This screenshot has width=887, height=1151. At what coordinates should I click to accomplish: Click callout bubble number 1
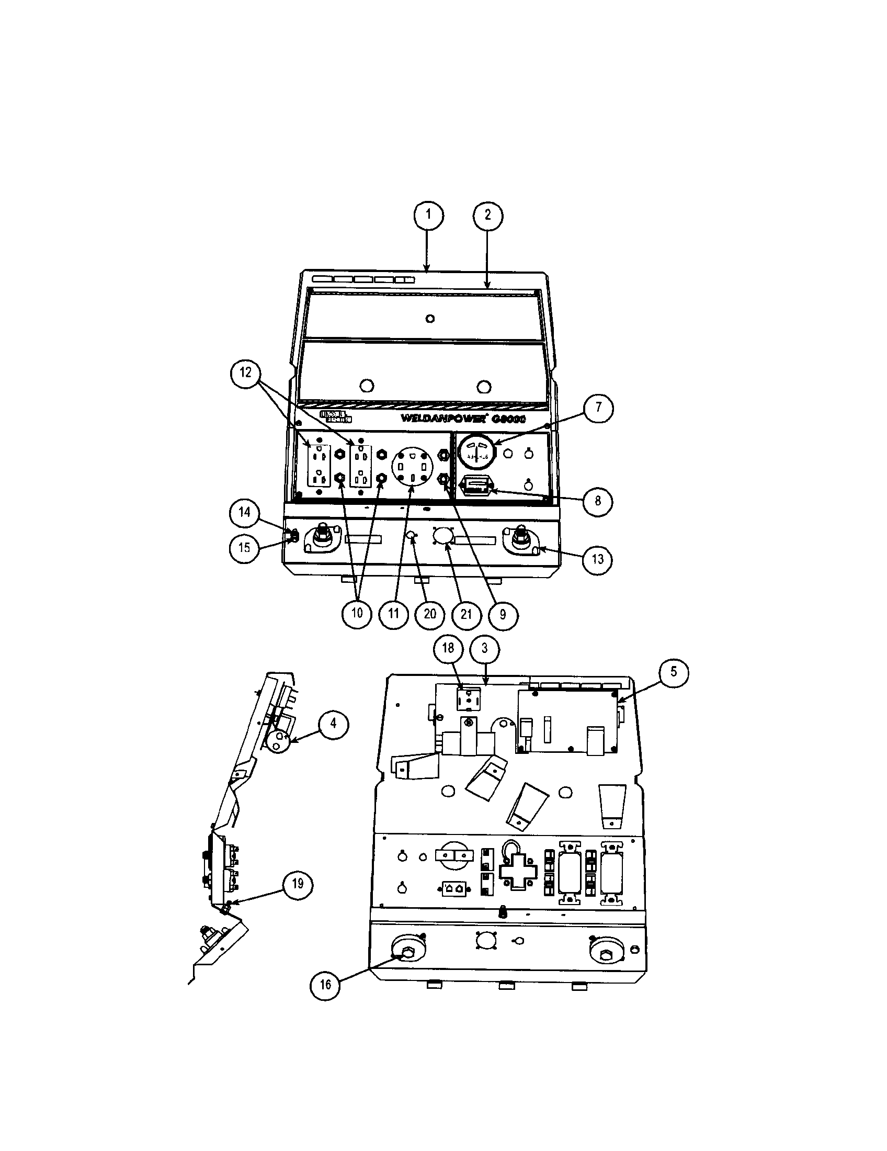point(428,215)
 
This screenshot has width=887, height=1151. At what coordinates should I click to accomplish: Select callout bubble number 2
point(488,215)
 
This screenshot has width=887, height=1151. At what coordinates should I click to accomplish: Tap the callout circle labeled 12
point(245,373)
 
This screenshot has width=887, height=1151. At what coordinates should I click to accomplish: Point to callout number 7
point(598,408)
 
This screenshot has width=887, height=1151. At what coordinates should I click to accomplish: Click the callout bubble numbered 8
point(597,500)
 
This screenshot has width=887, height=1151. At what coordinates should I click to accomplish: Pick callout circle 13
point(597,559)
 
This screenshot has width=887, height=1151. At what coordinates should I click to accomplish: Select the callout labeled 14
point(244,512)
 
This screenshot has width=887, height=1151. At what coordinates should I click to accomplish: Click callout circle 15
point(244,548)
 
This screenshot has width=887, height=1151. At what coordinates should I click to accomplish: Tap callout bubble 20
point(430,614)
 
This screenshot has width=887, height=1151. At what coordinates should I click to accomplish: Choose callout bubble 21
point(466,614)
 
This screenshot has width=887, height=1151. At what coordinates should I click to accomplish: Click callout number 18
point(448,648)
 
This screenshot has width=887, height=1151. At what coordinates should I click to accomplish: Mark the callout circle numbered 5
point(674,672)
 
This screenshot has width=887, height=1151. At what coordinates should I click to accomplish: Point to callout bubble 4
point(333,724)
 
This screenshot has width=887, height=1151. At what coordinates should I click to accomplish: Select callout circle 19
point(298,884)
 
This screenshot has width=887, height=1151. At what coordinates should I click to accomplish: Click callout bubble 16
point(325,984)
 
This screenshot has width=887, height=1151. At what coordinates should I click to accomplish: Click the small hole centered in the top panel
point(430,318)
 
